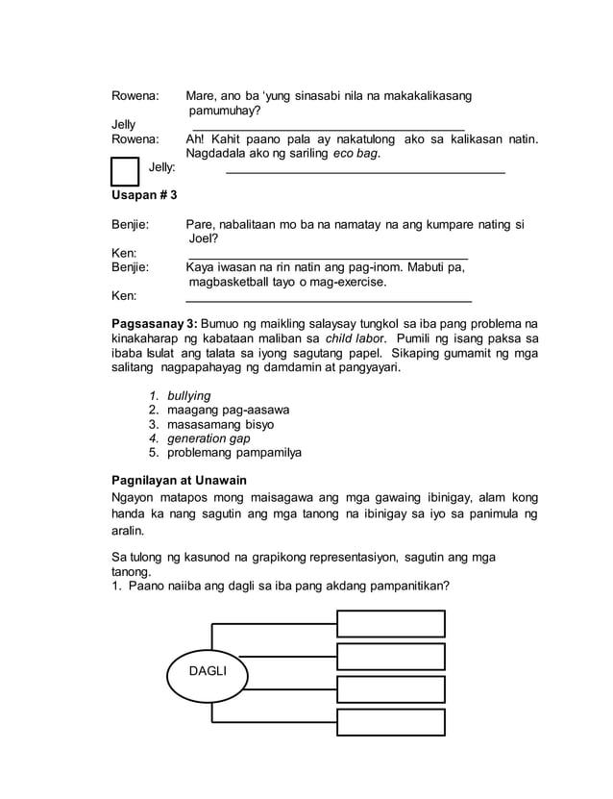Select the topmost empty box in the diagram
[390, 623]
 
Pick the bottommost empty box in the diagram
[390, 722]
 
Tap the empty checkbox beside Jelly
[125, 171]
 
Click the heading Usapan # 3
[145, 195]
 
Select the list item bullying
[188, 395]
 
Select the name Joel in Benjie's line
[204, 238]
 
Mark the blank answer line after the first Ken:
[327, 258]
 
